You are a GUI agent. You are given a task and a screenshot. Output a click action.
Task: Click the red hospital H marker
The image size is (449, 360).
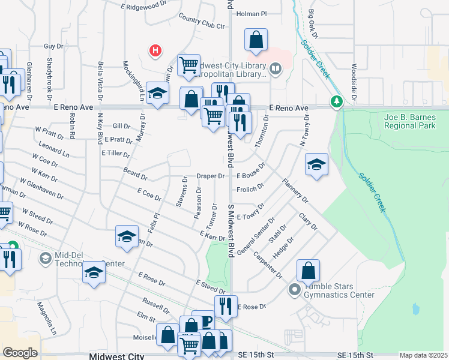(x=155, y=51)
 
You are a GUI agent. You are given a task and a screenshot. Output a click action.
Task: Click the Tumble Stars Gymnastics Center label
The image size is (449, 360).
(x=339, y=290)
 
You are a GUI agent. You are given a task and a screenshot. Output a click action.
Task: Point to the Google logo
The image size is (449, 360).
(x=20, y=352)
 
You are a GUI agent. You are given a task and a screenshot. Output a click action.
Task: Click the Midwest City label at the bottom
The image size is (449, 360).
(x=116, y=356)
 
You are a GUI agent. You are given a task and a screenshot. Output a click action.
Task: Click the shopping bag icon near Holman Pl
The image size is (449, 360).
(x=256, y=41)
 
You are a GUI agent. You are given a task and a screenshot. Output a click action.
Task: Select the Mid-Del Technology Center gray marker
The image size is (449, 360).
(x=45, y=259)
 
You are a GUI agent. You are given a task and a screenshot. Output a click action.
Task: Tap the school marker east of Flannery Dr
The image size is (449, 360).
(x=316, y=165)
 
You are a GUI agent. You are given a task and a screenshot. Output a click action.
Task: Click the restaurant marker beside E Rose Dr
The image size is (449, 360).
(x=225, y=306)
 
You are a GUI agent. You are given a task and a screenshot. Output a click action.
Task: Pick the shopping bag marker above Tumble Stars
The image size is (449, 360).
(x=308, y=270)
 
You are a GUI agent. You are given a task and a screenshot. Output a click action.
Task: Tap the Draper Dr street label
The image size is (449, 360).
(x=210, y=176)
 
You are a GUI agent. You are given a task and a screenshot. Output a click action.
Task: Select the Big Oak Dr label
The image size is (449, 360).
(x=312, y=22)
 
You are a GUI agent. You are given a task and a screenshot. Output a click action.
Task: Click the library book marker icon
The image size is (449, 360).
(x=276, y=69)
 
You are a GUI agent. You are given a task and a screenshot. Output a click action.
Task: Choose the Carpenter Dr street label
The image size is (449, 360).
(x=268, y=263)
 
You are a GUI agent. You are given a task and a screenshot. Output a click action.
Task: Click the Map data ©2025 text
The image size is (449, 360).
(x=423, y=355)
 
